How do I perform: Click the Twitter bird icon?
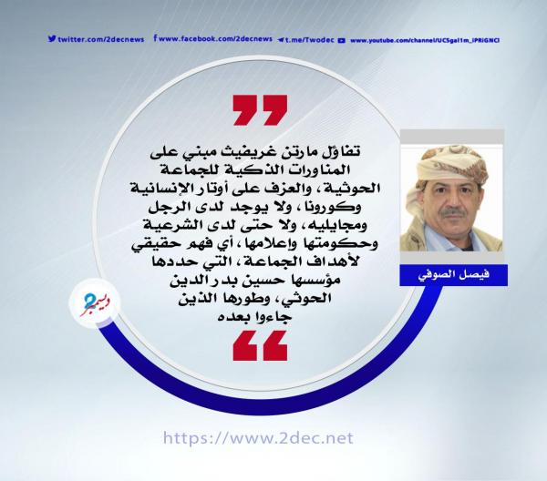pyautogui.click(x=52, y=38)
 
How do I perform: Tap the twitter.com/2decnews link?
pyautogui.click(x=101, y=39)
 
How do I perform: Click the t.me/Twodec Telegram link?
pyautogui.click(x=309, y=40)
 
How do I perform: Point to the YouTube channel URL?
pyautogui.click(x=425, y=40)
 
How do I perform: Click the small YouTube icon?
pyautogui.click(x=342, y=40)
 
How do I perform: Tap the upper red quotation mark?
pyautogui.click(x=260, y=110)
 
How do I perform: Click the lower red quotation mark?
pyautogui.click(x=260, y=345)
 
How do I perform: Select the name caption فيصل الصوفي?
pyautogui.click(x=453, y=274)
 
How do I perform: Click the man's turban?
pyautogui.click(x=452, y=166)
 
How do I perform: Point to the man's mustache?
pyautogui.click(x=452, y=213)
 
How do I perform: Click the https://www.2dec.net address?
pyautogui.click(x=258, y=438)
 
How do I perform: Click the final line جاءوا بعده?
pyautogui.click(x=254, y=317)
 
